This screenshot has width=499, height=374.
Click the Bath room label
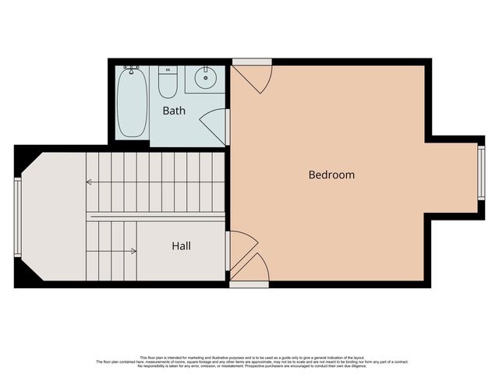174,111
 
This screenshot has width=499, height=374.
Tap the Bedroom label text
331,175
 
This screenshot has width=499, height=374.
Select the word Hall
181,246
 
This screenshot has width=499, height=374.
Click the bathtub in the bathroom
133,104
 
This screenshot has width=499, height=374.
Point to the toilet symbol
168,82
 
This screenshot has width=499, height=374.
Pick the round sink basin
207,78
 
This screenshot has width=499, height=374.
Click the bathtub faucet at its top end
133,69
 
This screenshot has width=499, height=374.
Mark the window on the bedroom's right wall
481,173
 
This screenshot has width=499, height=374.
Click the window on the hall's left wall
17,217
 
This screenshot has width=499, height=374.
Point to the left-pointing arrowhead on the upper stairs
89,182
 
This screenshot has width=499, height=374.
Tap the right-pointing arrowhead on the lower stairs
134,251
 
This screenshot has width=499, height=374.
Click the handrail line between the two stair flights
156,216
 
